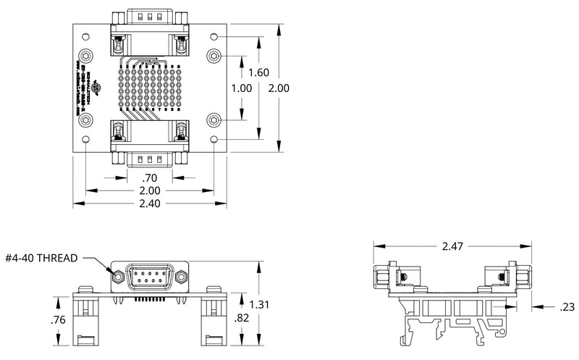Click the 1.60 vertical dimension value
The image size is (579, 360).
(258, 72)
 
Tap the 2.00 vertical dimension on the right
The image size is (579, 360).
(279, 88)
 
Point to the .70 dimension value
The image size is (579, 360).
(150, 177)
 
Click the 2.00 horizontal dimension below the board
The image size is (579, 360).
(150, 191)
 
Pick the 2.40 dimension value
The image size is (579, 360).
(150, 204)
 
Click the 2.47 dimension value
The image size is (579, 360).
(452, 247)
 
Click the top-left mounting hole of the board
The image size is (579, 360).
(86, 35)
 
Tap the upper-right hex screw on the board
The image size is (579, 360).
(214, 55)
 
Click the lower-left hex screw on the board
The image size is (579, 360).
(86, 119)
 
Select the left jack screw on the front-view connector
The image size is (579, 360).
(118, 276)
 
